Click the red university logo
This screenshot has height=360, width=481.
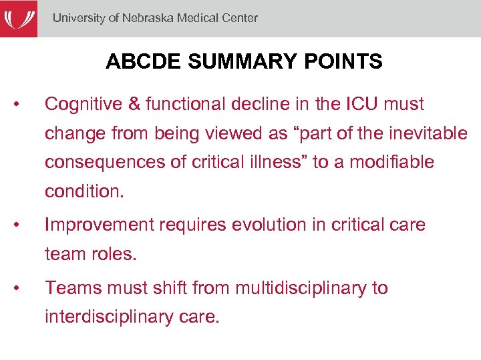click(x=18, y=19)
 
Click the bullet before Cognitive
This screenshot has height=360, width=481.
click(x=23, y=105)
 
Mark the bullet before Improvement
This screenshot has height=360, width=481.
click(x=23, y=225)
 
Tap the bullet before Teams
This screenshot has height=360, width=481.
click(x=23, y=289)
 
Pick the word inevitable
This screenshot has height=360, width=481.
click(x=427, y=133)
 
